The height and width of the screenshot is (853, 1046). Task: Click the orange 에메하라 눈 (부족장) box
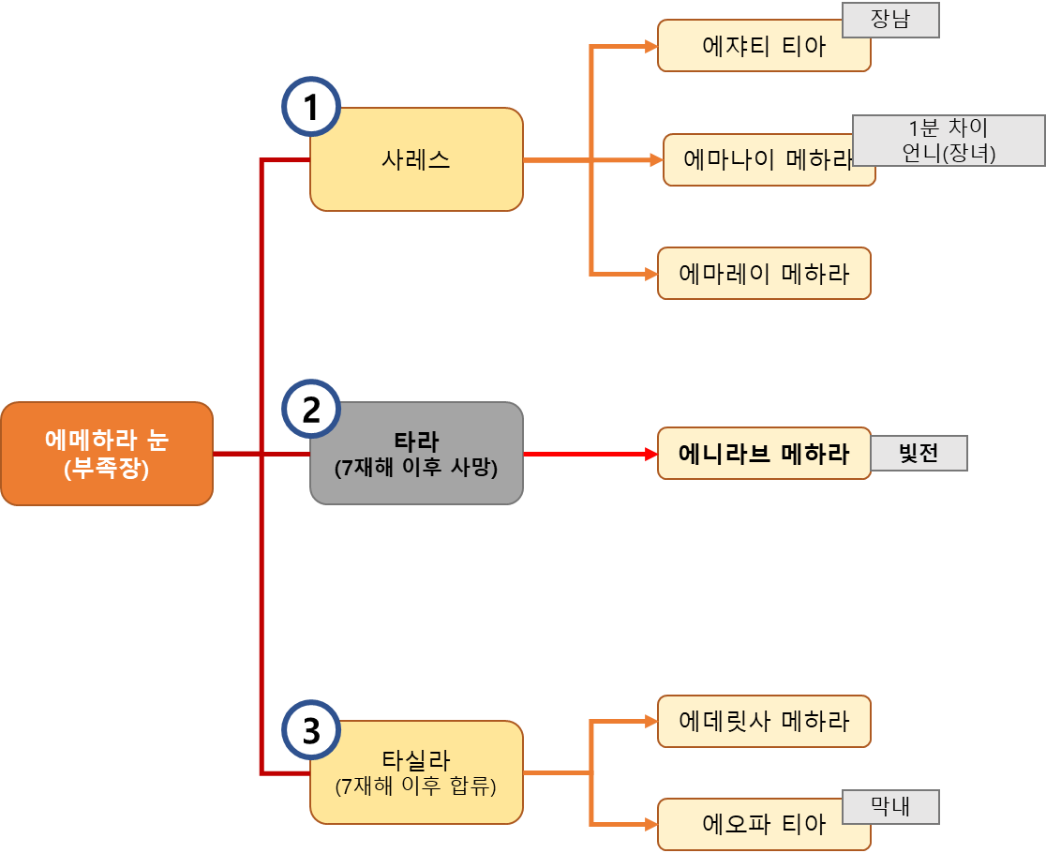point(106,454)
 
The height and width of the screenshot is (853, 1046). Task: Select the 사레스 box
point(416,159)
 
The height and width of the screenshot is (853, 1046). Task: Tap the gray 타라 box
point(416,454)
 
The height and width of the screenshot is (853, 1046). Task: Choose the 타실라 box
point(416,772)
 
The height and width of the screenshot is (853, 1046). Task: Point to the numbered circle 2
point(311,410)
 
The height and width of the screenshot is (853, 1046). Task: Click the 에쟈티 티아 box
point(764,46)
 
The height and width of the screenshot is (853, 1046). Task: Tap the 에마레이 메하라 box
point(764,274)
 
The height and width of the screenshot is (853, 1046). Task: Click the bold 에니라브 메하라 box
point(764,454)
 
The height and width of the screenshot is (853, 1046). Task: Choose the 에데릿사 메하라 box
point(764,721)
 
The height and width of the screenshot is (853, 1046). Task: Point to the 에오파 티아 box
point(764,825)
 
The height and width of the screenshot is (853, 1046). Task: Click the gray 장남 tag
point(889,21)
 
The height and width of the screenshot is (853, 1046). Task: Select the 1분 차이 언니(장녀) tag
point(949,141)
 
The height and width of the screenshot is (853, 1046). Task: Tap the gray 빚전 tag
point(919,454)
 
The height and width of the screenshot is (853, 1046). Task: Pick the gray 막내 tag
point(889,806)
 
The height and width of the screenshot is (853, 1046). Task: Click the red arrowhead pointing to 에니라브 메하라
point(650,454)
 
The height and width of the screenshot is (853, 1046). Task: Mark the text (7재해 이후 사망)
point(416,468)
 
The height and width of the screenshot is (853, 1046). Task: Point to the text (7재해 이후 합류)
point(416,786)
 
